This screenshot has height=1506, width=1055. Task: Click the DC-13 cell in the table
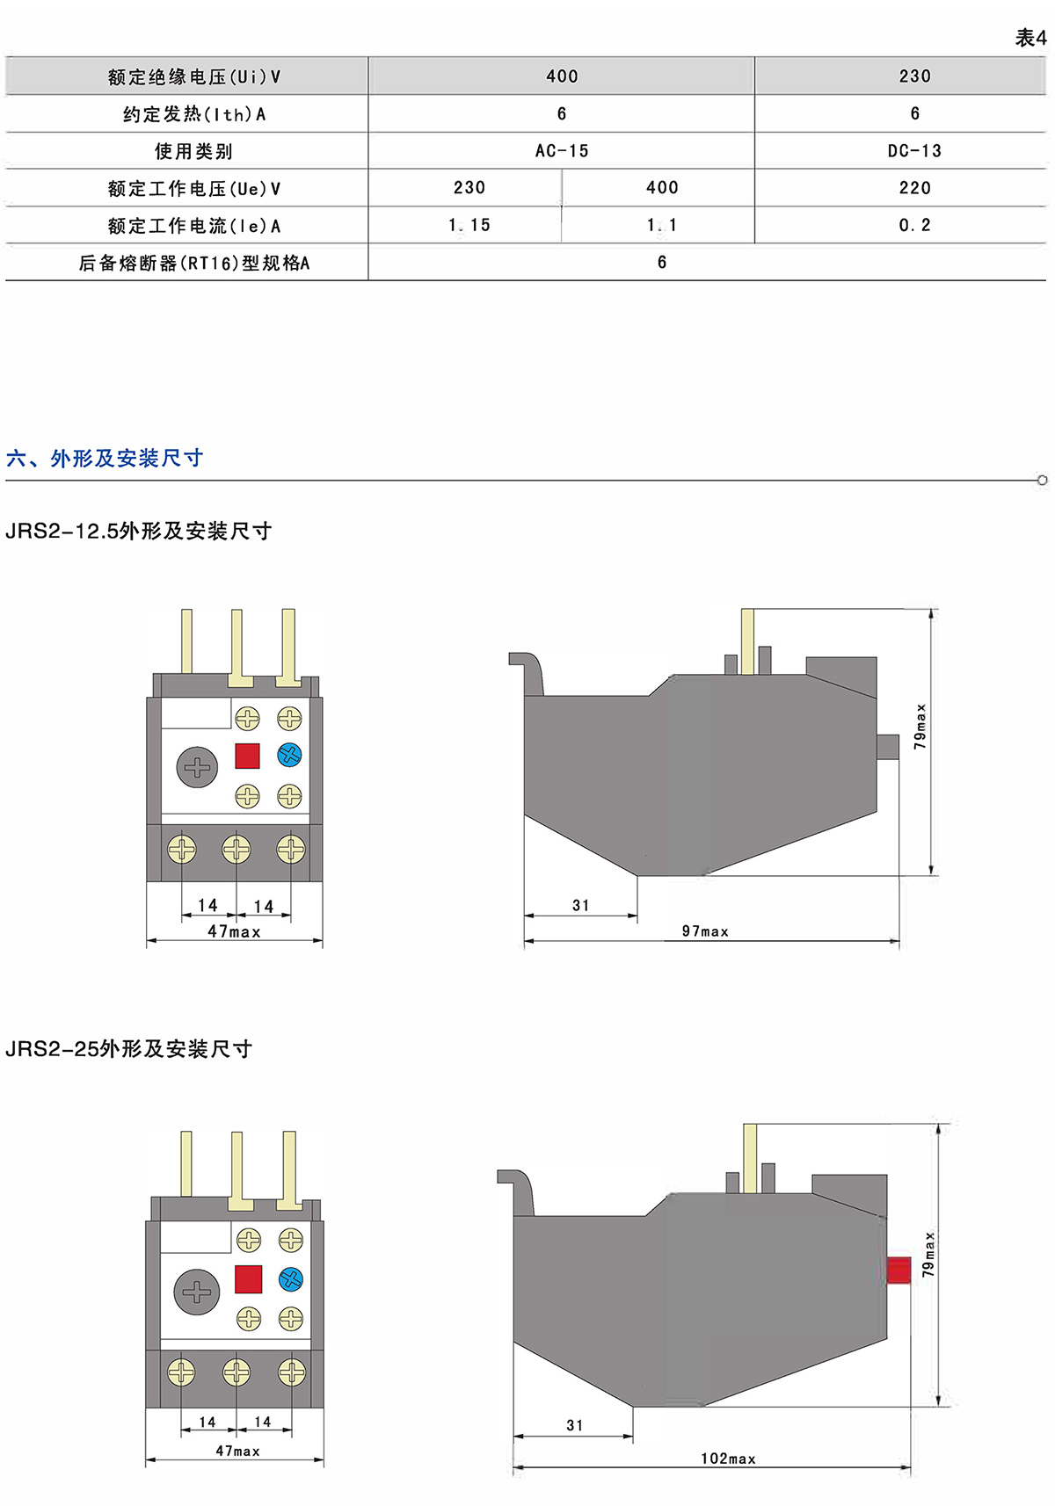(914, 151)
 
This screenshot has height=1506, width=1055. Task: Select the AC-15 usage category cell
(562, 151)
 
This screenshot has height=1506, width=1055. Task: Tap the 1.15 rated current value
(469, 226)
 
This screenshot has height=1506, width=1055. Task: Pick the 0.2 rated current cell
(914, 226)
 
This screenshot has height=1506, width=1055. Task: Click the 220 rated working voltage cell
(914, 188)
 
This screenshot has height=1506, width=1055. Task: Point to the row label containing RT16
(194, 263)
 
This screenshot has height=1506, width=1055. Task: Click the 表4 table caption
(1030, 38)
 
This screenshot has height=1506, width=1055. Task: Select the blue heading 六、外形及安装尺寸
(105, 458)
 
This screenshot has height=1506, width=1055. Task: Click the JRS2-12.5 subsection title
(139, 531)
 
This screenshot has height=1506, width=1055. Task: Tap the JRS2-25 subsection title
(129, 1048)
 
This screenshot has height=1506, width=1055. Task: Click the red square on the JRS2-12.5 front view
(247, 756)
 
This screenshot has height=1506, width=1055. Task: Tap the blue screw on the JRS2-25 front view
(291, 1279)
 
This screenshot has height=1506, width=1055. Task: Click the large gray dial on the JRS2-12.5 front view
(197, 767)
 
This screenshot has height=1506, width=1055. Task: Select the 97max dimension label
(705, 931)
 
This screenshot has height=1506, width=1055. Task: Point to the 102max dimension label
(728, 1459)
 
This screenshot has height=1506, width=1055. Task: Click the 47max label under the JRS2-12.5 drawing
(234, 931)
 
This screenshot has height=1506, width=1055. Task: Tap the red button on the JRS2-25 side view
(899, 1271)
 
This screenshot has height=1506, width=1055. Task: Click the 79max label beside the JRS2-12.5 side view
(920, 726)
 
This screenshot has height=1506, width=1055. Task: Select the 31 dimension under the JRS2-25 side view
(575, 1425)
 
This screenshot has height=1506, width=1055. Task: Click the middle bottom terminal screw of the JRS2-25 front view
(236, 1372)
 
